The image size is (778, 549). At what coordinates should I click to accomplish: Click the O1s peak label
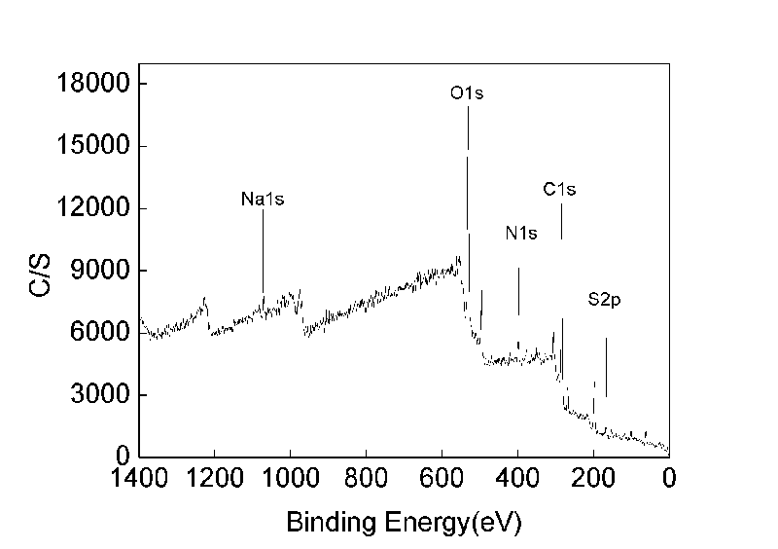click(467, 94)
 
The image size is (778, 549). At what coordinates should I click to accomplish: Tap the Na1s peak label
click(263, 200)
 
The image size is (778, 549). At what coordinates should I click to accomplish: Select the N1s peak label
click(521, 234)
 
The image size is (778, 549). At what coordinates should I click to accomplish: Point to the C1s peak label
click(559, 190)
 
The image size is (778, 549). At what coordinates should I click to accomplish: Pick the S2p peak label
click(604, 301)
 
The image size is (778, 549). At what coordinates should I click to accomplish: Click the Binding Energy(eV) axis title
click(404, 523)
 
